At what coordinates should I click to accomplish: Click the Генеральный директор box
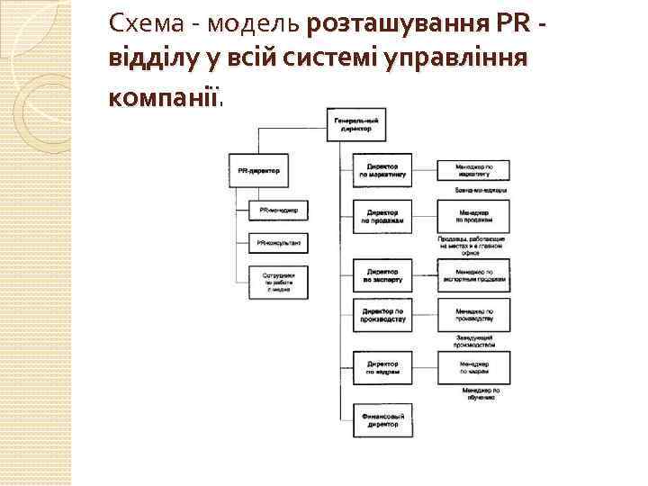click(355, 124)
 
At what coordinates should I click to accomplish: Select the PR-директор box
click(258, 169)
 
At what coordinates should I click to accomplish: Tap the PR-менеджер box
click(278, 210)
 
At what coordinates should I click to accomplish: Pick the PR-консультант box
click(278, 242)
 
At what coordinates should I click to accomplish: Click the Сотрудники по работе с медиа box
click(278, 281)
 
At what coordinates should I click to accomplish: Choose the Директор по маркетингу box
click(382, 169)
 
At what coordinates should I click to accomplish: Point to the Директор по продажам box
click(382, 215)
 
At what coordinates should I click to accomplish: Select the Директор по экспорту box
click(382, 275)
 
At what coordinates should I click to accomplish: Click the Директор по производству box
click(382, 316)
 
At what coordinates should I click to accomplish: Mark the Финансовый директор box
click(382, 421)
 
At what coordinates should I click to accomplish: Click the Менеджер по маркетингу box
click(473, 169)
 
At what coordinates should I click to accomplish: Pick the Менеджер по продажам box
click(473, 215)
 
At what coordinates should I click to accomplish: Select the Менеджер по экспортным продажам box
click(473, 274)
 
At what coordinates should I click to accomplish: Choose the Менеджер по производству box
click(473, 315)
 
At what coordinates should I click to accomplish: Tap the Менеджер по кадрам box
click(473, 366)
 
